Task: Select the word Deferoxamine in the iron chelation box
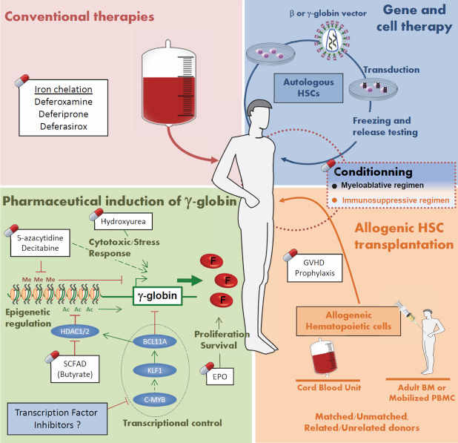(65, 103)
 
